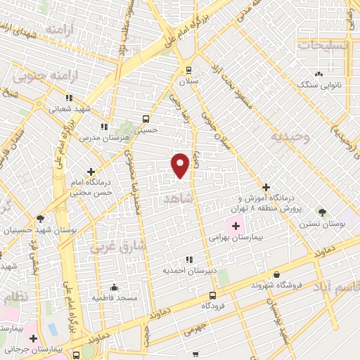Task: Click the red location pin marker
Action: click(181, 165)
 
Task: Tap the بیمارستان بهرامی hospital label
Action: click(236, 238)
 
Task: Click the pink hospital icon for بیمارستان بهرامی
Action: click(236, 226)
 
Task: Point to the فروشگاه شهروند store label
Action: click(276, 286)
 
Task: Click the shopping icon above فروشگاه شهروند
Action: click(276, 275)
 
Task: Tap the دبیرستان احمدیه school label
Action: click(188, 270)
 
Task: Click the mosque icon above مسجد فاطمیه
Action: click(114, 287)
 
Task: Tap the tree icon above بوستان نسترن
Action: click(322, 212)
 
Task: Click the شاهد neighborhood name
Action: click(176, 199)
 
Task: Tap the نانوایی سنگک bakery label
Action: click(319, 84)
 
